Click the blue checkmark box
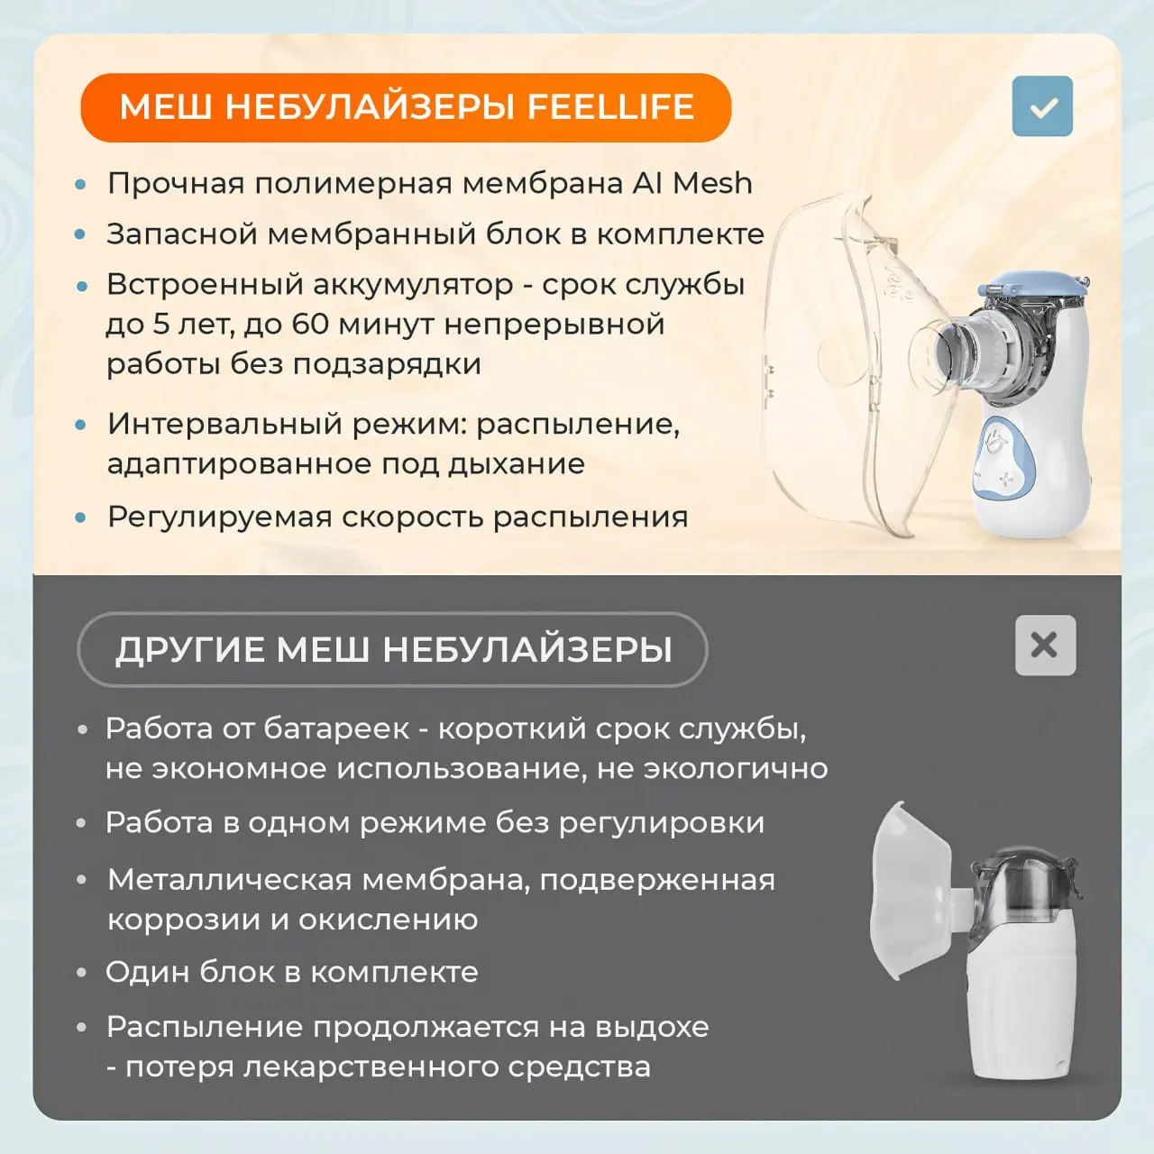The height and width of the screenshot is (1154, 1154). (x=1042, y=106)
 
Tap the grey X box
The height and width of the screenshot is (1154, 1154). (x=1045, y=645)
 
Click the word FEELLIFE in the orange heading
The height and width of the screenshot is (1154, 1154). (x=610, y=107)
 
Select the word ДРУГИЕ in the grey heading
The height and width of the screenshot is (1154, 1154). (x=190, y=650)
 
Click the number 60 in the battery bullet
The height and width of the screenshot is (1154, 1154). (x=310, y=324)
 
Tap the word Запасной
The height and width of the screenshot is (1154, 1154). (x=181, y=234)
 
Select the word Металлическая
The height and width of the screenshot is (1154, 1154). (x=229, y=880)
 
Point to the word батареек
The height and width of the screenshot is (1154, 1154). (x=336, y=728)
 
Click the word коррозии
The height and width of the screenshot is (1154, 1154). (x=184, y=920)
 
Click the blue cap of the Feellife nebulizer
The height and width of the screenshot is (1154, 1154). (x=1033, y=283)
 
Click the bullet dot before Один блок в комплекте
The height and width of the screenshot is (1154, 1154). (x=83, y=972)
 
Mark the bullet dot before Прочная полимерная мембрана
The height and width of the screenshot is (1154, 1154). (x=81, y=184)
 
